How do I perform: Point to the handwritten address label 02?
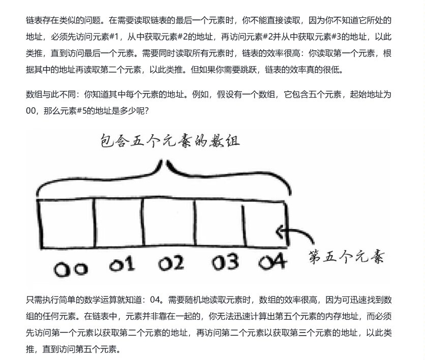tap(171, 263)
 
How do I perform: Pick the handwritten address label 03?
tap(225, 263)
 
